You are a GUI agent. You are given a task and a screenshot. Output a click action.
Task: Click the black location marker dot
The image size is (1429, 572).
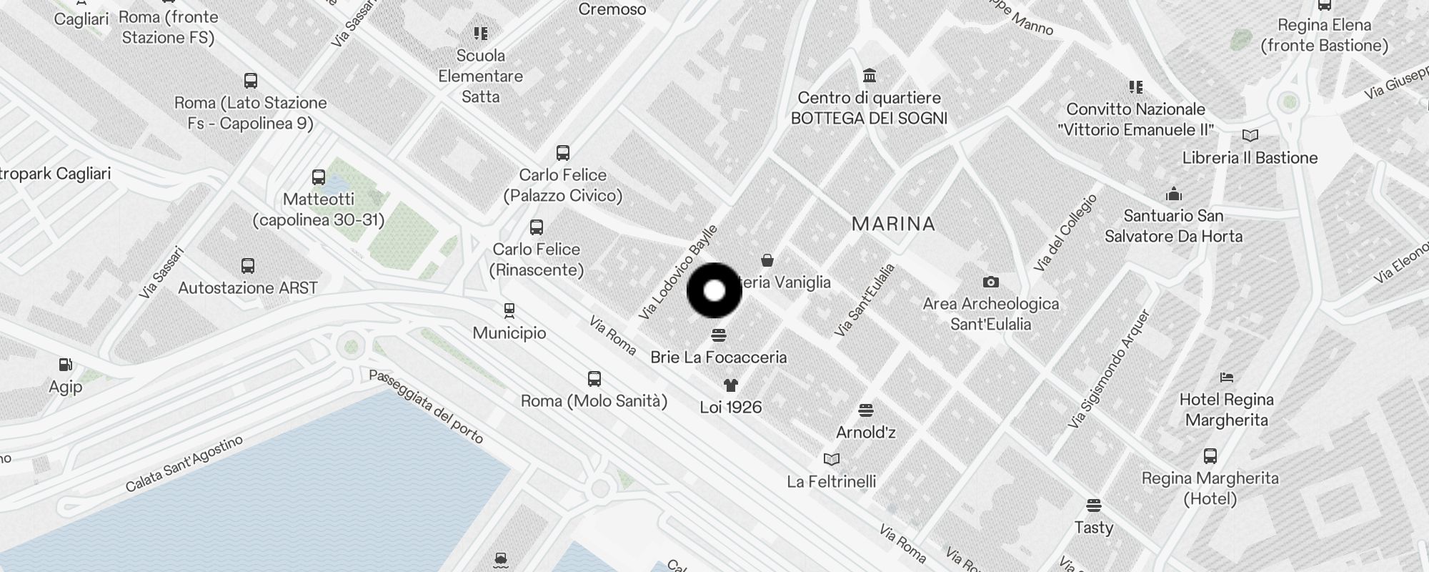pos(714,291)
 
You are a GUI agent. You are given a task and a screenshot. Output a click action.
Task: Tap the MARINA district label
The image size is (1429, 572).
pos(893,224)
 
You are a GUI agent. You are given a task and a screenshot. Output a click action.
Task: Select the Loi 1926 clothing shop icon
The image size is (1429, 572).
pos(730,386)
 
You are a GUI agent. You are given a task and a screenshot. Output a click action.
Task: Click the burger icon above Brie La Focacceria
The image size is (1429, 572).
pos(719,335)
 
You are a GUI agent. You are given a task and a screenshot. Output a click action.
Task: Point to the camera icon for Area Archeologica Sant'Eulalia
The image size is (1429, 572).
pos(990,282)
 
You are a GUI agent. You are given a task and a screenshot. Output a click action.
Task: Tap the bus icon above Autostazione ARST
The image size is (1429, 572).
pos(248,266)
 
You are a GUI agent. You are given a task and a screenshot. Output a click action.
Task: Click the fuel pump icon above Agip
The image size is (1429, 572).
pos(65,365)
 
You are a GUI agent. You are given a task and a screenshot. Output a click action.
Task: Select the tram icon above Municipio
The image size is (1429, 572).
pos(509,311)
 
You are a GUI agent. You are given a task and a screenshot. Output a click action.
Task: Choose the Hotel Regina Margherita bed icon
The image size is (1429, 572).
pos(1227,378)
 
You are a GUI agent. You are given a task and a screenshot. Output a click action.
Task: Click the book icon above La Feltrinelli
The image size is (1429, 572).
pos(832,460)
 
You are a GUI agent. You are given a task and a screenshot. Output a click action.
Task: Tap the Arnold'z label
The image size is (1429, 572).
pos(865,432)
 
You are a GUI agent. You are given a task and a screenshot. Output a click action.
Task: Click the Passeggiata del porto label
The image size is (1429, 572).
pos(426,406)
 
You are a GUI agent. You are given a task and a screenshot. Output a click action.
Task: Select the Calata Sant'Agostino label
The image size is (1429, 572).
pos(184,464)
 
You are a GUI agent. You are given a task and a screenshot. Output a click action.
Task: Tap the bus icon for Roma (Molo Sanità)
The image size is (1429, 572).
pos(594,379)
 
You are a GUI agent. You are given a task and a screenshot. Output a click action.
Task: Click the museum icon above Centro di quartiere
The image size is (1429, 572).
pos(870,76)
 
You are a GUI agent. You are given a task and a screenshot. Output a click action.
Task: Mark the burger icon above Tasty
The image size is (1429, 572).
pos(1093,506)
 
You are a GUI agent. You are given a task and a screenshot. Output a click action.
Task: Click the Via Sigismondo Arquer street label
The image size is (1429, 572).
pos(1109,369)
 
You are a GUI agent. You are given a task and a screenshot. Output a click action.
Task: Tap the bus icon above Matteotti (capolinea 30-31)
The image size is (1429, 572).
pos(319,177)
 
